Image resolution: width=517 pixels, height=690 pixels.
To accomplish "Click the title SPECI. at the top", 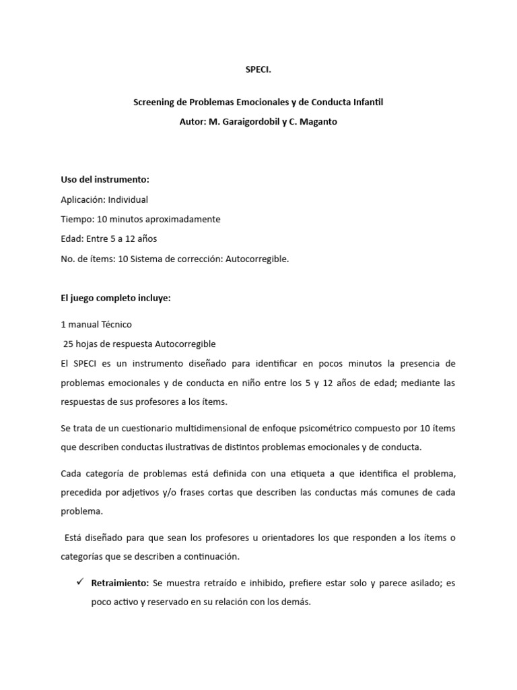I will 258,69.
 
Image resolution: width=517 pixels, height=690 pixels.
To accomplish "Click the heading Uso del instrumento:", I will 104,180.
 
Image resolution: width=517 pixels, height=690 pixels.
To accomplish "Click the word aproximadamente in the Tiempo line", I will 182,219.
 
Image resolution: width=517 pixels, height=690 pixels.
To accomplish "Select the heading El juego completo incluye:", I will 115,298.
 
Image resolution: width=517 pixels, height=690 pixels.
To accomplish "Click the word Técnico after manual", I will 116,324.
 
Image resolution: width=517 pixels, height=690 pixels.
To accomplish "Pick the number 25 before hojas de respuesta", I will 68,344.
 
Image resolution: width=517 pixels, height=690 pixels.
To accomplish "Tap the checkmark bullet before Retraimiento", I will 79,582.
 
